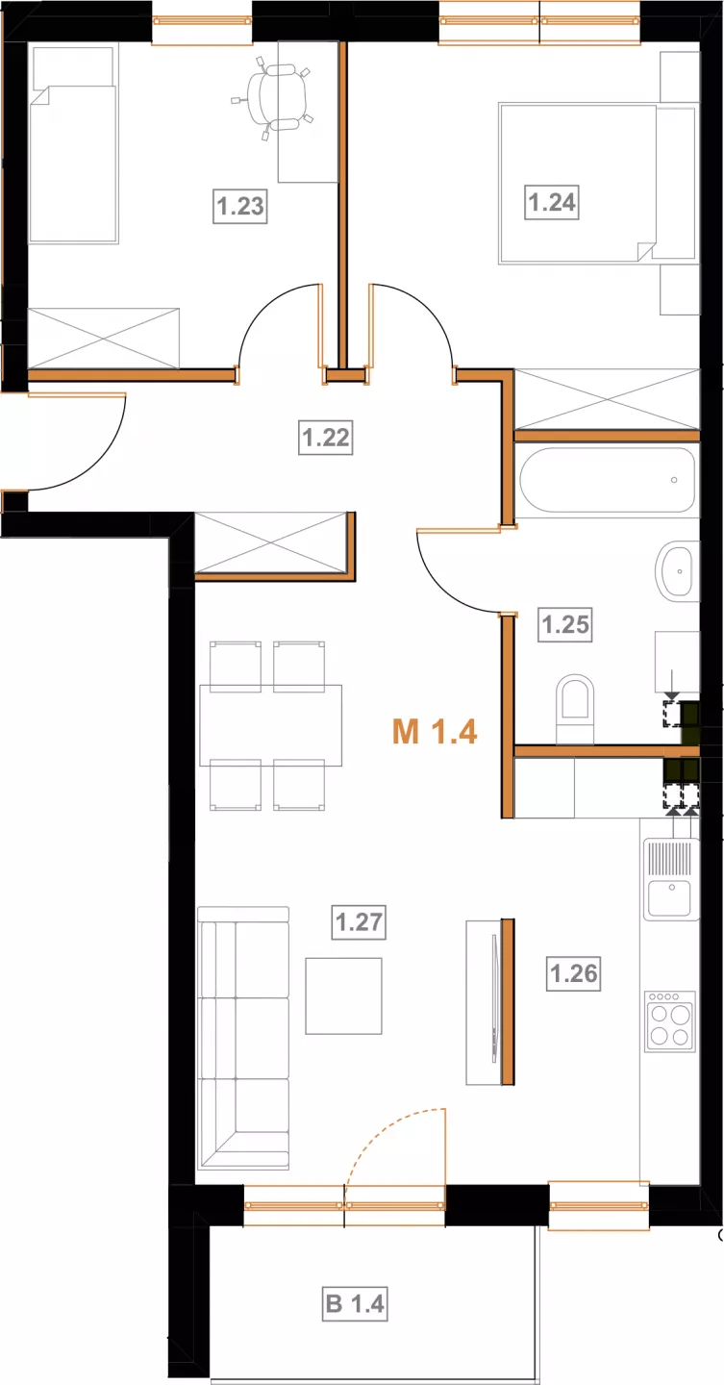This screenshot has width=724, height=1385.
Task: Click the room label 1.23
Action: point(240,206)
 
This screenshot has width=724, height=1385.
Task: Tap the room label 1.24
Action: point(552,202)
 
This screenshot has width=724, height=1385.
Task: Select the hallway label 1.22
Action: point(326,438)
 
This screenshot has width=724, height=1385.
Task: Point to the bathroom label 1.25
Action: point(565,624)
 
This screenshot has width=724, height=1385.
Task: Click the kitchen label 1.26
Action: point(574,973)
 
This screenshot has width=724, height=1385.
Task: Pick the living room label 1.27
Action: point(359,921)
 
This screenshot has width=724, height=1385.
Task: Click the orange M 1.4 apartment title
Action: point(435,732)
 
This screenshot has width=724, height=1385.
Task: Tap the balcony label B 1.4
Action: point(356,1304)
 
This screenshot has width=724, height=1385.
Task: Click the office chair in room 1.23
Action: point(272,96)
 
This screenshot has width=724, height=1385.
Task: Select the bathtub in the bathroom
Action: point(607,480)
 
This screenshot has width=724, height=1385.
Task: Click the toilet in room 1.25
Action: point(575,709)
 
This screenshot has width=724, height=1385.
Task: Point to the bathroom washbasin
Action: point(678,571)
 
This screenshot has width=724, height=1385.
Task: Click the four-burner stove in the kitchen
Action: point(670,1021)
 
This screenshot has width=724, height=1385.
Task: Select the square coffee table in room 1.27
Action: point(343,996)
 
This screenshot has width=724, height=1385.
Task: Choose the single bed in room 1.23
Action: point(73,144)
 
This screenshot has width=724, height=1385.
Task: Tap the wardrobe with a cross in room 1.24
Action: point(607,399)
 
